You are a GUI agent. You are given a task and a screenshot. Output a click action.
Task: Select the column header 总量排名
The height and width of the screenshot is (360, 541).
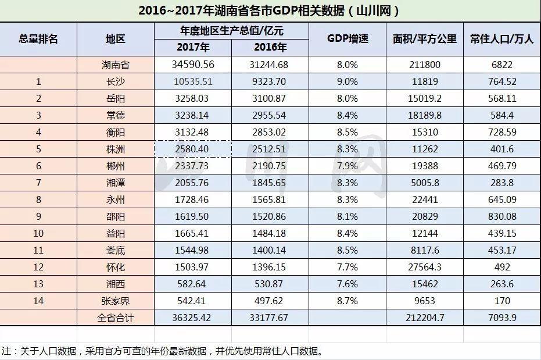tap(38, 39)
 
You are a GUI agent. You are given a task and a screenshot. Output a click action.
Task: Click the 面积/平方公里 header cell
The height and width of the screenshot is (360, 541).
tap(424, 39)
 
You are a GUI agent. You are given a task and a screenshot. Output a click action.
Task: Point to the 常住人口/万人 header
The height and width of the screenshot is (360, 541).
tap(501, 39)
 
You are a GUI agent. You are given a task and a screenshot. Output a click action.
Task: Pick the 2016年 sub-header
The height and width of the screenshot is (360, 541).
tap(270, 48)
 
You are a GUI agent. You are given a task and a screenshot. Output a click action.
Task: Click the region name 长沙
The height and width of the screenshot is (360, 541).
tap(116, 81)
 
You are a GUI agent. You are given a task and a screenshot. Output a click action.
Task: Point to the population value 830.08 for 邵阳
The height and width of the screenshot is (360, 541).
tap(501, 216)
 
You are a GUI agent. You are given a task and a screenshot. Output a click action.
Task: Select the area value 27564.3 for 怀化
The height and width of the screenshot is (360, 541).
tap(424, 267)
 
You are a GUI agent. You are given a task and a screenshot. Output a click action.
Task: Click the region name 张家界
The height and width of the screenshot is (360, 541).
tap(116, 301)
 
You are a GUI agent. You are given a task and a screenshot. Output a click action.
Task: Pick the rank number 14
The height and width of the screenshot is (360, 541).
tap(38, 301)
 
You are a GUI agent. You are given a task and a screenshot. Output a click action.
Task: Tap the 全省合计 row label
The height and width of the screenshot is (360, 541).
tap(116, 318)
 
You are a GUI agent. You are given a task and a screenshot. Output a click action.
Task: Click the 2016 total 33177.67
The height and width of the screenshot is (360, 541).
tap(270, 318)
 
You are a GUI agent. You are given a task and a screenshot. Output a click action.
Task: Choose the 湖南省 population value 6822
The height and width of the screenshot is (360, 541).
tap(501, 65)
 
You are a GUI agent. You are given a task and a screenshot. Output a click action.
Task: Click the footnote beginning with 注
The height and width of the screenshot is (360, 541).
tap(162, 351)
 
